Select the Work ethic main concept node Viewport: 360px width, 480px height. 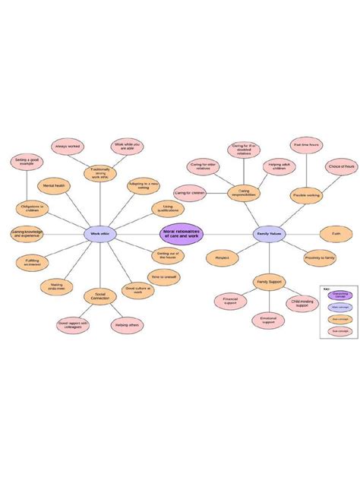(x=99, y=235)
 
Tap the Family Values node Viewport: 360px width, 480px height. (x=268, y=235)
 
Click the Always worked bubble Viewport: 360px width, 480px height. (x=68, y=146)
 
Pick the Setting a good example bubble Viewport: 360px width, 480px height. (x=25, y=161)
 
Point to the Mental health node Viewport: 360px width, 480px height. (x=54, y=185)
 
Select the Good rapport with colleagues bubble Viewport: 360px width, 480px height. (x=73, y=325)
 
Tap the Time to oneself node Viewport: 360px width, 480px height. (x=164, y=278)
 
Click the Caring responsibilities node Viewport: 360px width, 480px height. (x=244, y=194)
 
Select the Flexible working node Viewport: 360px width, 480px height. (x=307, y=195)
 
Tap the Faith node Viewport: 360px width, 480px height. (x=336, y=235)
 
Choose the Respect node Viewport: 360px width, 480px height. (x=222, y=258)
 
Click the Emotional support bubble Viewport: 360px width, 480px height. (x=269, y=320)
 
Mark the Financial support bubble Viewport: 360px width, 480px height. (x=230, y=302)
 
